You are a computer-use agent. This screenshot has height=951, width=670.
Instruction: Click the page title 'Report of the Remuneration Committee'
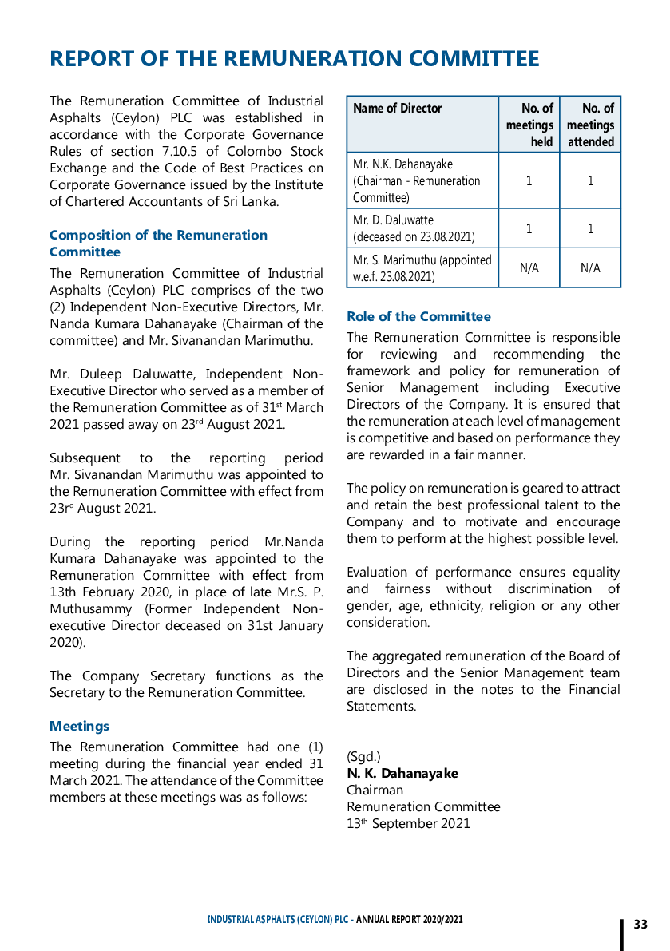coord(294,59)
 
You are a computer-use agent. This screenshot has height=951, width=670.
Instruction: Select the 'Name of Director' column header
coord(397,109)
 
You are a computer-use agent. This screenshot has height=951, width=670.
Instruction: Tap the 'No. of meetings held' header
coord(529,125)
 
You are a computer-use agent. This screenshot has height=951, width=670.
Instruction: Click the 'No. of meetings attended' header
coord(590,125)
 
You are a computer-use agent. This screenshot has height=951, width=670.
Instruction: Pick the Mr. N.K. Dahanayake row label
coord(416,180)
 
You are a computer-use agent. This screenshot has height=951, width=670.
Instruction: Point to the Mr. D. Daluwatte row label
coord(414,228)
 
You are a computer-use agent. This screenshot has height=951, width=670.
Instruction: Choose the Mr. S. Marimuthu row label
coord(422,268)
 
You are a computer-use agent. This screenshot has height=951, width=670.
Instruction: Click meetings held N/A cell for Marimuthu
coord(529,268)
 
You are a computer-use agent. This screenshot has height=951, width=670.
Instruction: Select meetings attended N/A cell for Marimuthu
coord(590,268)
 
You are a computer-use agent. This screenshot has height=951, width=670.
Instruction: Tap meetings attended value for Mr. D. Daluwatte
coord(590,228)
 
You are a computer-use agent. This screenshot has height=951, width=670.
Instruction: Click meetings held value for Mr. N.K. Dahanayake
coord(529,180)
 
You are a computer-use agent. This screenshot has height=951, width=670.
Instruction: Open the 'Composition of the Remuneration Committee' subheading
coord(158,244)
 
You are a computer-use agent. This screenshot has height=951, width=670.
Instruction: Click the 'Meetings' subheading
coord(79,726)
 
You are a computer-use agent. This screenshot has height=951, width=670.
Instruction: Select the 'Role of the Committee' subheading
coord(418,316)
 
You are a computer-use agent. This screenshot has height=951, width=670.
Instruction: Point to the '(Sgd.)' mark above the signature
coord(363,756)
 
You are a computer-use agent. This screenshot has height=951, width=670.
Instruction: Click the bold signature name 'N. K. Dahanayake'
coord(402,773)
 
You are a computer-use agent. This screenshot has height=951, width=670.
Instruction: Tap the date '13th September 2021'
coord(408,823)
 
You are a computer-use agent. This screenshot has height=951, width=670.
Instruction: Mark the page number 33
coord(640,925)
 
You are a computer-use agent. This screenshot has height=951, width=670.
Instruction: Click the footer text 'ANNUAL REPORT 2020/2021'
coord(410,920)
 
